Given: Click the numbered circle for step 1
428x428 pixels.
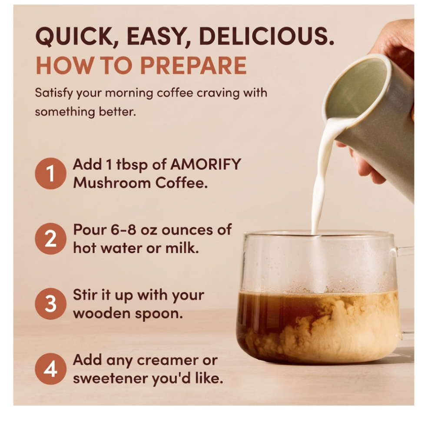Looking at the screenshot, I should click(x=50, y=173).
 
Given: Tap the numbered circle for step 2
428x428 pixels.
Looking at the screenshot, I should click(x=50, y=239).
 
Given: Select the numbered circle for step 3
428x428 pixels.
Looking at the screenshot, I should click(x=50, y=304).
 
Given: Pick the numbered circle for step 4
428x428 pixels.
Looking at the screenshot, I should click(x=50, y=369).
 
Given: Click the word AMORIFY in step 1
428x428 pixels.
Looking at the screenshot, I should click(x=206, y=165).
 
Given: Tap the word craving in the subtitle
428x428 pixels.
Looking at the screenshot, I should click(x=219, y=93).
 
